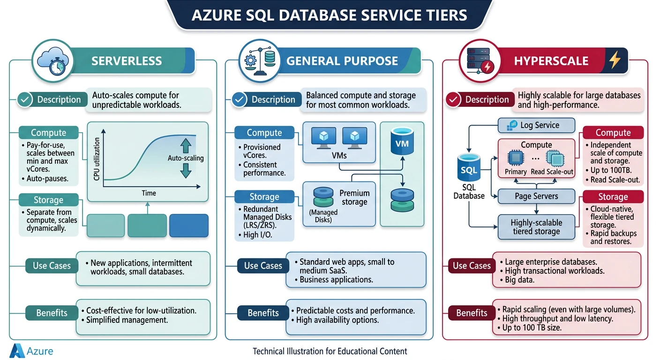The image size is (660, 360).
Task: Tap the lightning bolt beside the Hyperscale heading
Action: click(x=614, y=60)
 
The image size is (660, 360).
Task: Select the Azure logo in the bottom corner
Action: click(x=17, y=351)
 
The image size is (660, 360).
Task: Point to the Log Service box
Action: click(x=535, y=125)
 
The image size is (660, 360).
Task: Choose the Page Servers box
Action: click(x=536, y=196)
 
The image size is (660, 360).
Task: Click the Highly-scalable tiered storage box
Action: click(x=536, y=227)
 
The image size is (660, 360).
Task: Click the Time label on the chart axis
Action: click(x=149, y=193)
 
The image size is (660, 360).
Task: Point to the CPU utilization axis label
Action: click(x=97, y=159)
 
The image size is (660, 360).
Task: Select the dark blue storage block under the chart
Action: click(x=188, y=225)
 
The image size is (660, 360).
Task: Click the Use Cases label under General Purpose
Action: click(x=263, y=266)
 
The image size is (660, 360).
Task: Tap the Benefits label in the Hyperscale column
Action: click(x=472, y=313)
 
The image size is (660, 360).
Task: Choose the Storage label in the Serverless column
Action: click(x=48, y=200)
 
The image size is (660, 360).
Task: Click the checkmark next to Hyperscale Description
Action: click(x=453, y=99)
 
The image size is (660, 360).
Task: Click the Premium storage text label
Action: click(x=354, y=197)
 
